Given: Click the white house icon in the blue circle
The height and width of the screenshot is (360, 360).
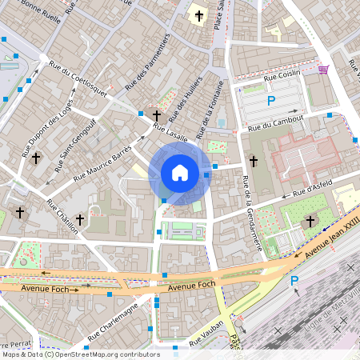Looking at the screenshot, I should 180,172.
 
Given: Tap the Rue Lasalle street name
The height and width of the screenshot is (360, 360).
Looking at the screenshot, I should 170,133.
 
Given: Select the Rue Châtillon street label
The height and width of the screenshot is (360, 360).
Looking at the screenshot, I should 62,216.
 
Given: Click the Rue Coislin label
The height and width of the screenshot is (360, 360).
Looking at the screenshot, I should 282,75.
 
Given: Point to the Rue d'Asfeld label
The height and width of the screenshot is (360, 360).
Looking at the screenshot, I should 312,190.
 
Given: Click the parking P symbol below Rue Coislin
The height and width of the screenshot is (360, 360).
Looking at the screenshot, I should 271,101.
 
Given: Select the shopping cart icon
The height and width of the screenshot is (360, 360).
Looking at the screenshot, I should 323,70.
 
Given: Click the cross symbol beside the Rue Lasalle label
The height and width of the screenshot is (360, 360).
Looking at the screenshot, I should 157,117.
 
